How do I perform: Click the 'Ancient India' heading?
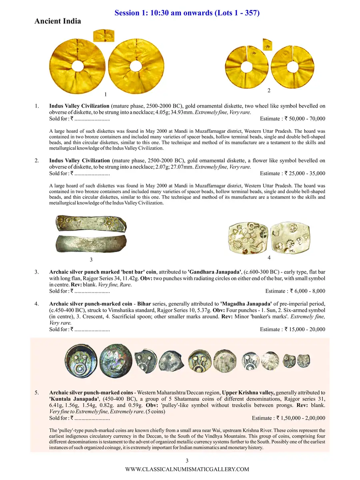click(58, 21)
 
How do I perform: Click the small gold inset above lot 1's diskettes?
click(103, 36)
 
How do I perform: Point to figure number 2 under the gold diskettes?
click(269, 91)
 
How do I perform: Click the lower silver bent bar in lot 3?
click(92, 243)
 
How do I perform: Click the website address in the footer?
click(187, 469)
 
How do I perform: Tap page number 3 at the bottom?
click(182, 460)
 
